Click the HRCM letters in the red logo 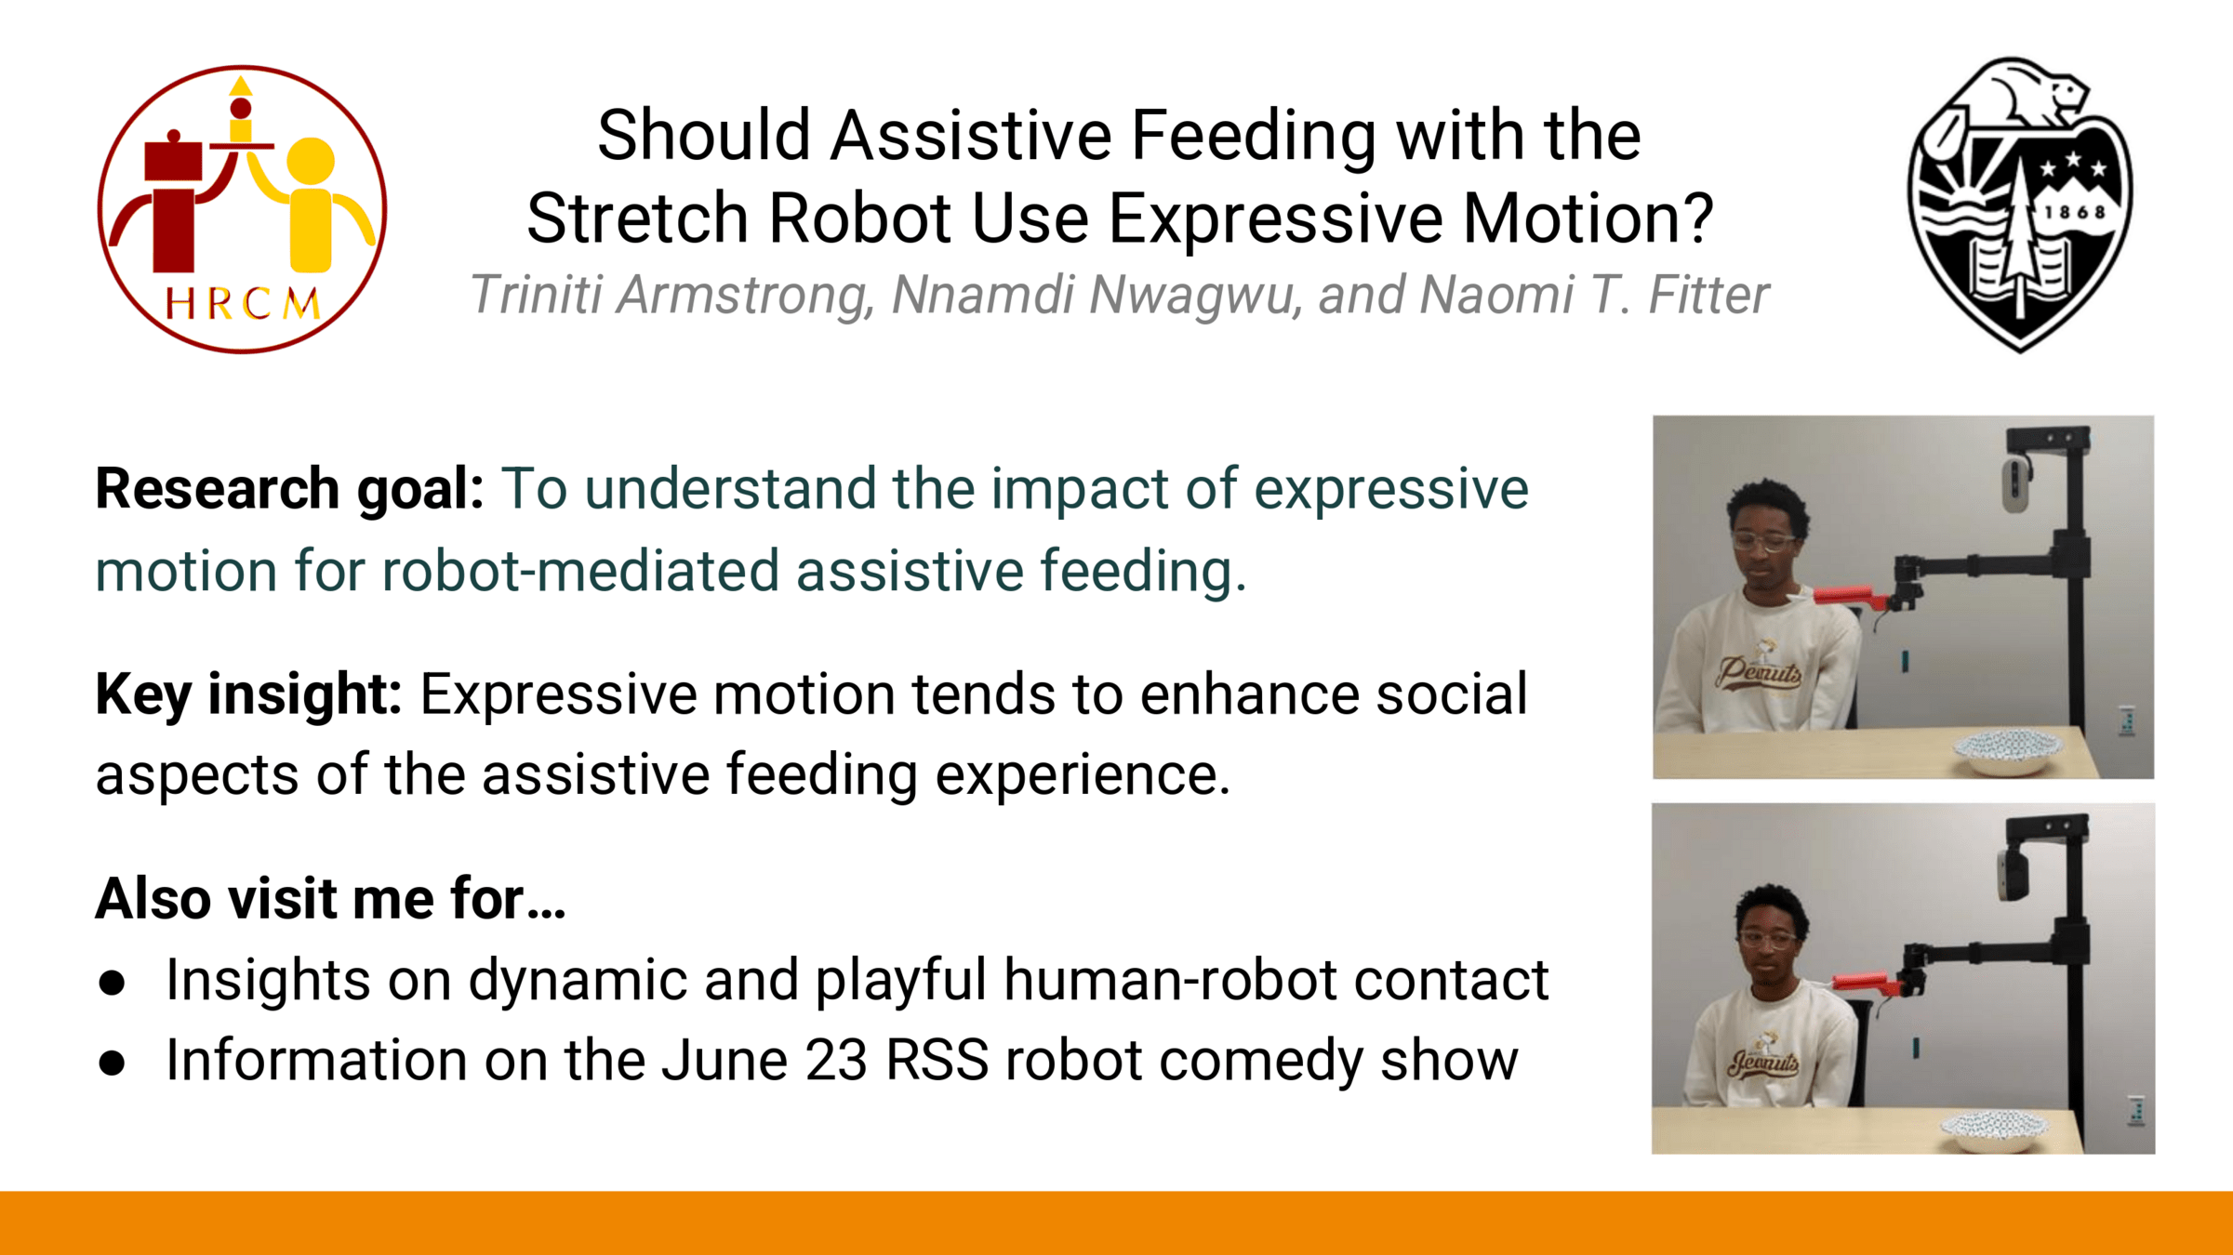pyautogui.click(x=243, y=304)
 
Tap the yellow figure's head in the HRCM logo pyautogui.click(x=311, y=161)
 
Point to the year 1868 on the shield pyautogui.click(x=2074, y=212)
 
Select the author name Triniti pyautogui.click(x=535, y=295)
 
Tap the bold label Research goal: pyautogui.click(x=289, y=489)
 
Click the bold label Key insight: pyautogui.click(x=248, y=694)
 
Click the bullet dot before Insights pyautogui.click(x=112, y=983)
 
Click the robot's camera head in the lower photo pyautogui.click(x=2011, y=874)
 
